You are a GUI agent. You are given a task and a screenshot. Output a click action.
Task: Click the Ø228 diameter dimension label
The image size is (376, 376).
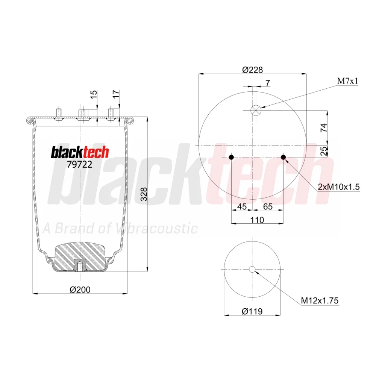(253, 70)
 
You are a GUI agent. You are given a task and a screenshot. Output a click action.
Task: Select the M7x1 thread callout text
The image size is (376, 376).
(348, 81)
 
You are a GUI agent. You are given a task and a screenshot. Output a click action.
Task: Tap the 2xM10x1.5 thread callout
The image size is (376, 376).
(339, 187)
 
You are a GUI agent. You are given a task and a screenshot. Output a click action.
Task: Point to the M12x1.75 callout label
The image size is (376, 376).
(320, 300)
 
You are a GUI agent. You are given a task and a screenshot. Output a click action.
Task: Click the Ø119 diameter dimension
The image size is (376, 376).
(252, 311)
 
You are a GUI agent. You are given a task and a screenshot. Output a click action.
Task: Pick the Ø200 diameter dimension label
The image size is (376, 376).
(80, 290)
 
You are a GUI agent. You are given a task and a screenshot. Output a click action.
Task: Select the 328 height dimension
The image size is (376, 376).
(144, 194)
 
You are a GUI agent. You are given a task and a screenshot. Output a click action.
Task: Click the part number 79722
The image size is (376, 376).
(79, 165)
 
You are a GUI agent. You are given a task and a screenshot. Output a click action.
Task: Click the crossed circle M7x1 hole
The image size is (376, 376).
(256, 110)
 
